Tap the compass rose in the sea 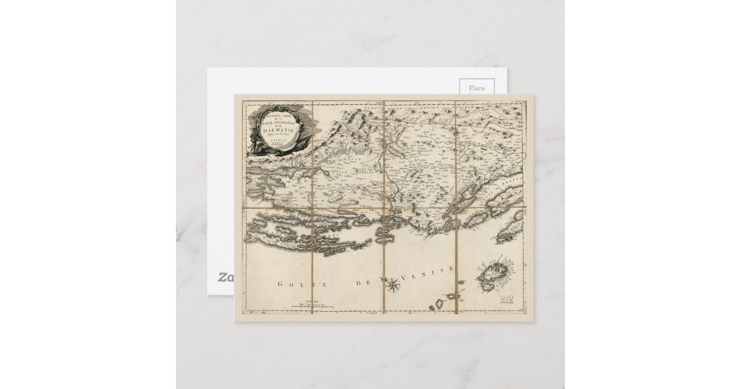point(393,285)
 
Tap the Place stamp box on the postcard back point(476,88)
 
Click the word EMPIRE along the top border point(429,107)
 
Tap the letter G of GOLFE point(280,284)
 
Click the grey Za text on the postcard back point(222,277)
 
